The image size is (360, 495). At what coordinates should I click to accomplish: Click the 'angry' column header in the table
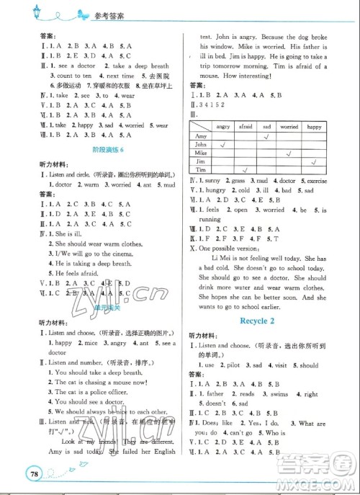coord(222,126)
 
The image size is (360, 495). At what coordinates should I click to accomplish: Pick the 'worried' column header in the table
coord(289,126)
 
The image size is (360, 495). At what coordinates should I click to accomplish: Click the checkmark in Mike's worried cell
coord(289,153)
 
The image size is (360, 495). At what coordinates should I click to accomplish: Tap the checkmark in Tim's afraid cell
coord(244,170)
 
